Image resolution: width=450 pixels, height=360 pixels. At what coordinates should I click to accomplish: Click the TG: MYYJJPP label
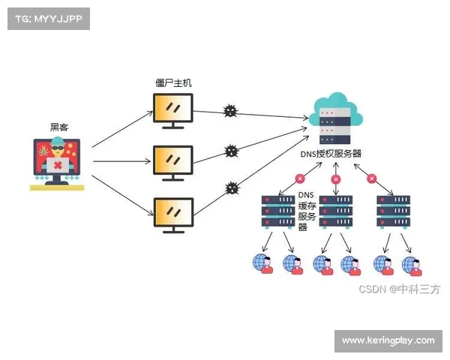tap(49, 19)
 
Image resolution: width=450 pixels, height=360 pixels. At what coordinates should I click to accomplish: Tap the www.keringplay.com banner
tap(388, 340)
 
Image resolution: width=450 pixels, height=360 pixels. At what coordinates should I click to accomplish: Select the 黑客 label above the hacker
tap(59, 127)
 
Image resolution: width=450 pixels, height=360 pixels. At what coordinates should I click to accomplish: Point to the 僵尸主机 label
tap(173, 82)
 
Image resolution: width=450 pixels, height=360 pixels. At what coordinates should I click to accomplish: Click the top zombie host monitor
tap(173, 109)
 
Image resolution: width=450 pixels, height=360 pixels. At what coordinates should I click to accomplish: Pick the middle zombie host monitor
tap(173, 161)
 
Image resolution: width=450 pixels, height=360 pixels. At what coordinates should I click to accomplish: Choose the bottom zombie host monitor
tap(173, 213)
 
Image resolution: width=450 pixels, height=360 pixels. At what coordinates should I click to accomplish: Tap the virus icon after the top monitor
tap(230, 112)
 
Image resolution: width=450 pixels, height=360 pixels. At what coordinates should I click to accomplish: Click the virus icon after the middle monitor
tap(232, 151)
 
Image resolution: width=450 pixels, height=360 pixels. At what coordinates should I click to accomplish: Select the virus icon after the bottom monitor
tap(231, 187)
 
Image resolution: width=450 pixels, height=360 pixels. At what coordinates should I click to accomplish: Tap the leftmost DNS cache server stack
tap(276, 211)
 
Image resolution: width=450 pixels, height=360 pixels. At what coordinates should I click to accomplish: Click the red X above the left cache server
tap(300, 178)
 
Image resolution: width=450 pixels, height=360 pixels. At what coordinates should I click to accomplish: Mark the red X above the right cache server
tap(370, 178)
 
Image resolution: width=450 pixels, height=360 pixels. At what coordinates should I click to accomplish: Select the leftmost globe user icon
tap(262, 263)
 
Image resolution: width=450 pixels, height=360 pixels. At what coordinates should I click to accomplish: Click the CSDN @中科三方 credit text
tap(398, 289)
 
